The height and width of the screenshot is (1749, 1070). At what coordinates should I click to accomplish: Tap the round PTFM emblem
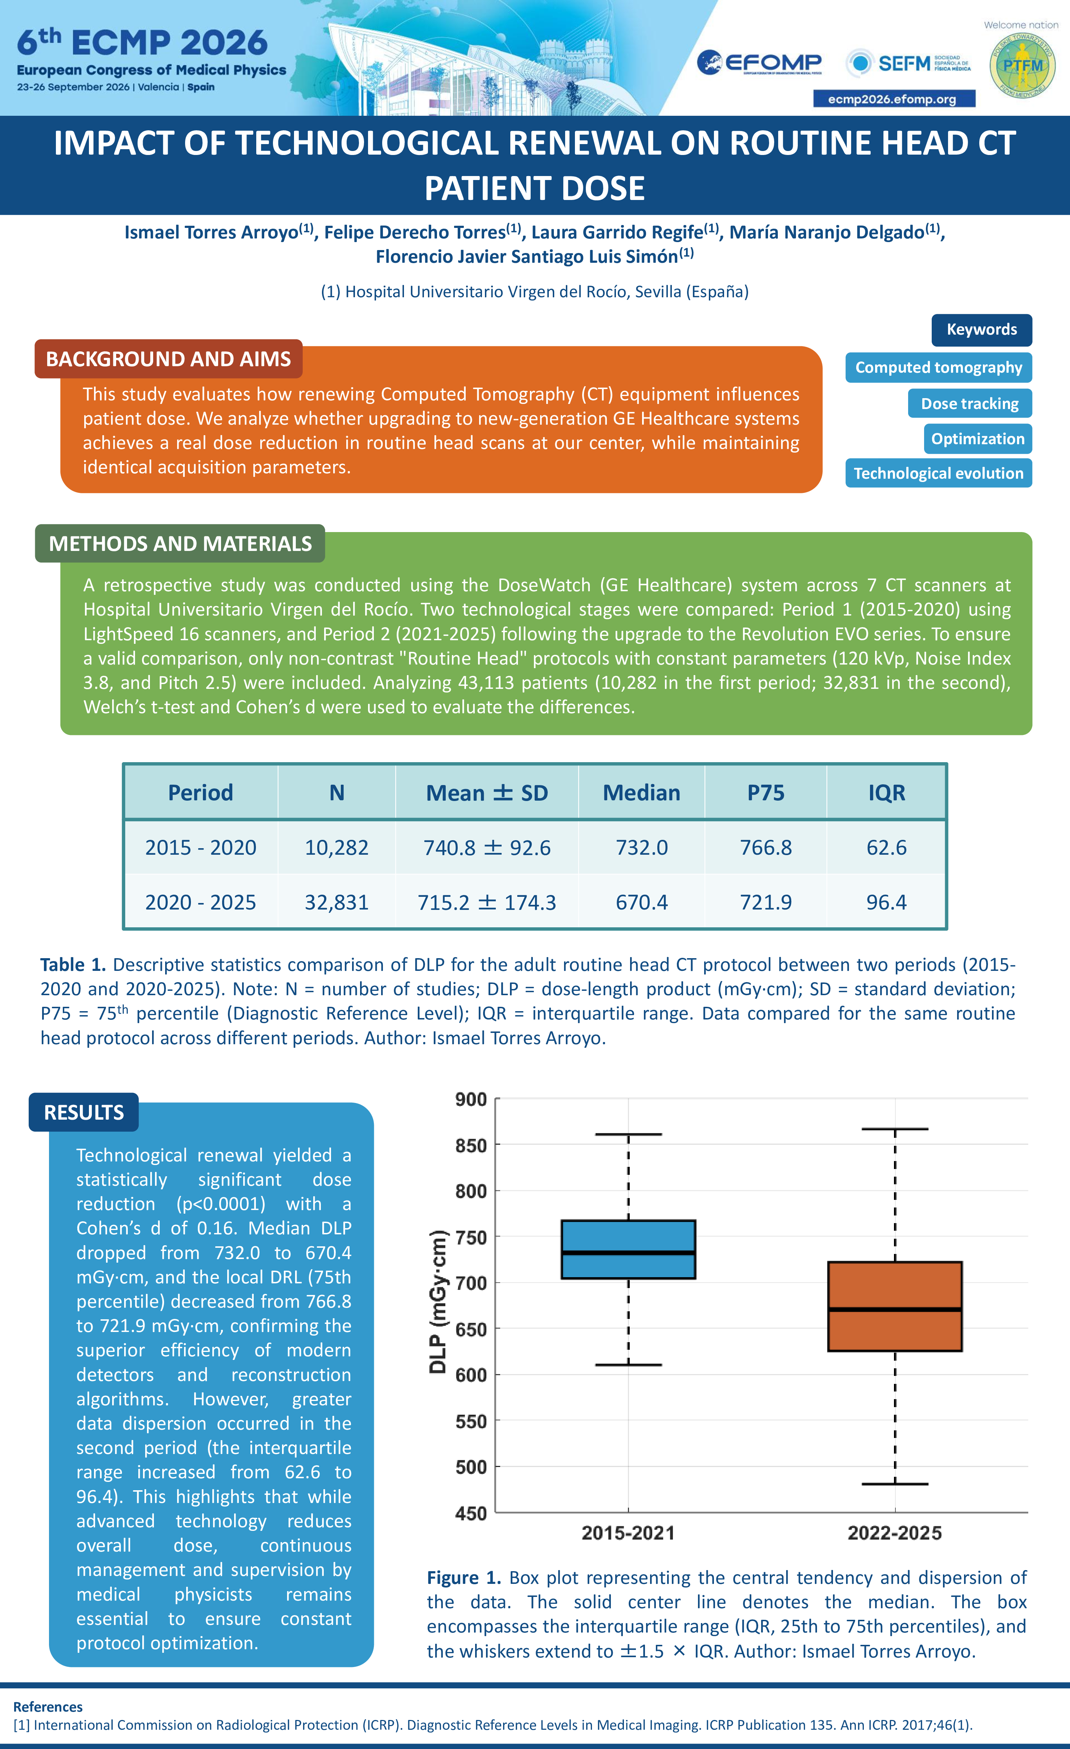coord(1022,65)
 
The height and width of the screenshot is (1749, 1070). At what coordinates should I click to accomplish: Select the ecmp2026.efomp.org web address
coord(894,99)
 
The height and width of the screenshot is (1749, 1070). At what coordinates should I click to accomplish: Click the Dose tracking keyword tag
coord(970,403)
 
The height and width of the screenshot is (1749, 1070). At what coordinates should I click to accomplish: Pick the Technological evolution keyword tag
coord(939,473)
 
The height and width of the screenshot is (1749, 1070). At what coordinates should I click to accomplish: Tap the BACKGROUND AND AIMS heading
coord(168,359)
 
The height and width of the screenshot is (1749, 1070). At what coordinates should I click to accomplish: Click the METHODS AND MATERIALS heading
coord(180,543)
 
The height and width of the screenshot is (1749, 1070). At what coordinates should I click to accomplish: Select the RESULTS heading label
coord(84,1112)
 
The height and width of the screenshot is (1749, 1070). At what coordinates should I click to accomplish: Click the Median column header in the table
coord(641,792)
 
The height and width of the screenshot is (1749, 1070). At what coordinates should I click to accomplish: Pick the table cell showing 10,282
coord(336,847)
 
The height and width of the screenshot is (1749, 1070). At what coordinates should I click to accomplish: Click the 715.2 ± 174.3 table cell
coord(487,902)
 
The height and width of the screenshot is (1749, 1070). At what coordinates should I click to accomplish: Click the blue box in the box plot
coord(628,1249)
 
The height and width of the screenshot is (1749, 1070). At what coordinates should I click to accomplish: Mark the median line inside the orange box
coord(895,1309)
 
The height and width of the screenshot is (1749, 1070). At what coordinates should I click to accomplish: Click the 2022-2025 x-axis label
coord(895,1532)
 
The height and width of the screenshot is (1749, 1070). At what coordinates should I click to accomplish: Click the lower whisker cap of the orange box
coord(895,1484)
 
